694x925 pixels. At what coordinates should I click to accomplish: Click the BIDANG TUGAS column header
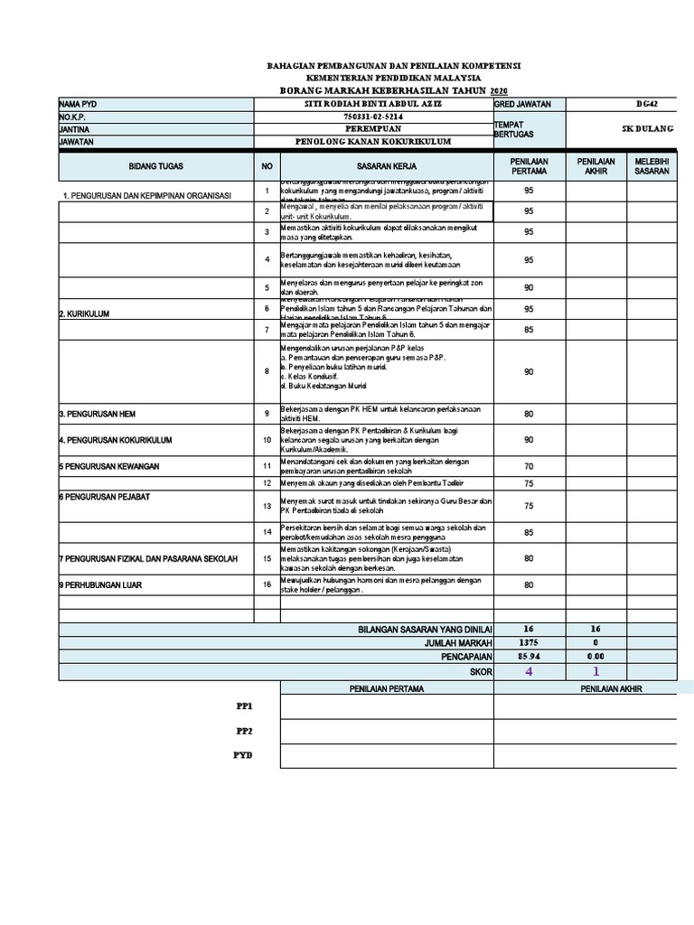click(x=155, y=167)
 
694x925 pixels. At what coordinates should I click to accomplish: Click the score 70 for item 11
click(x=529, y=466)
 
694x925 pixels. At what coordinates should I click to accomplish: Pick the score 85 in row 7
click(x=529, y=330)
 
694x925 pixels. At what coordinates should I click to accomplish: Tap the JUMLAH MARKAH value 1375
click(x=529, y=642)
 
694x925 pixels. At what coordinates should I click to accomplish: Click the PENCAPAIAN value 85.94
click(x=529, y=657)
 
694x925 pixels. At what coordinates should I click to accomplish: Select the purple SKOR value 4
click(x=529, y=672)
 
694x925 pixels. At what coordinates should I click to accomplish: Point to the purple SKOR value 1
click(x=596, y=672)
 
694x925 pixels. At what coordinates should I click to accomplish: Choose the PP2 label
click(x=244, y=731)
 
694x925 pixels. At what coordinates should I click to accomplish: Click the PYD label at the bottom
click(x=244, y=755)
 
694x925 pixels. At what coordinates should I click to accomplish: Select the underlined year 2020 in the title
click(x=499, y=91)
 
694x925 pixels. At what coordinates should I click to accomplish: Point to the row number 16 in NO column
click(x=267, y=585)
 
